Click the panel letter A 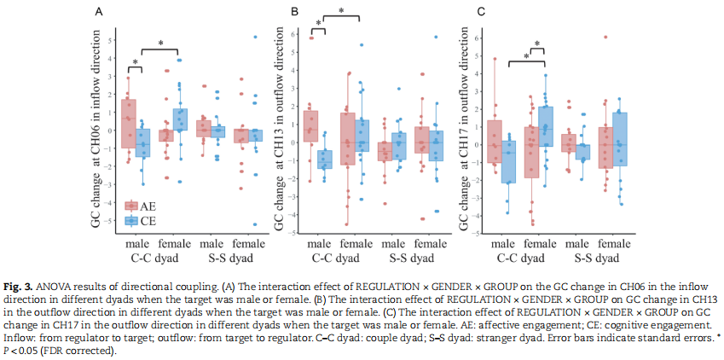pyautogui.click(x=100, y=12)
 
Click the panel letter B pyautogui.click(x=294, y=12)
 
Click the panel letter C pyautogui.click(x=482, y=12)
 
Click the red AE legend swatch pyautogui.click(x=132, y=206)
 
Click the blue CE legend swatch pyautogui.click(x=132, y=220)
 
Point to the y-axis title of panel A pyautogui.click(x=96, y=136)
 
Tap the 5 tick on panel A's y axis pyautogui.click(x=110, y=39)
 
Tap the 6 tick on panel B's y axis pyautogui.click(x=293, y=34)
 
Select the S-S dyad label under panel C pyautogui.click(x=594, y=256)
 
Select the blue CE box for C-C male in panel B pyautogui.click(x=325, y=160)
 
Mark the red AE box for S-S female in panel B pyautogui.click(x=422, y=140)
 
